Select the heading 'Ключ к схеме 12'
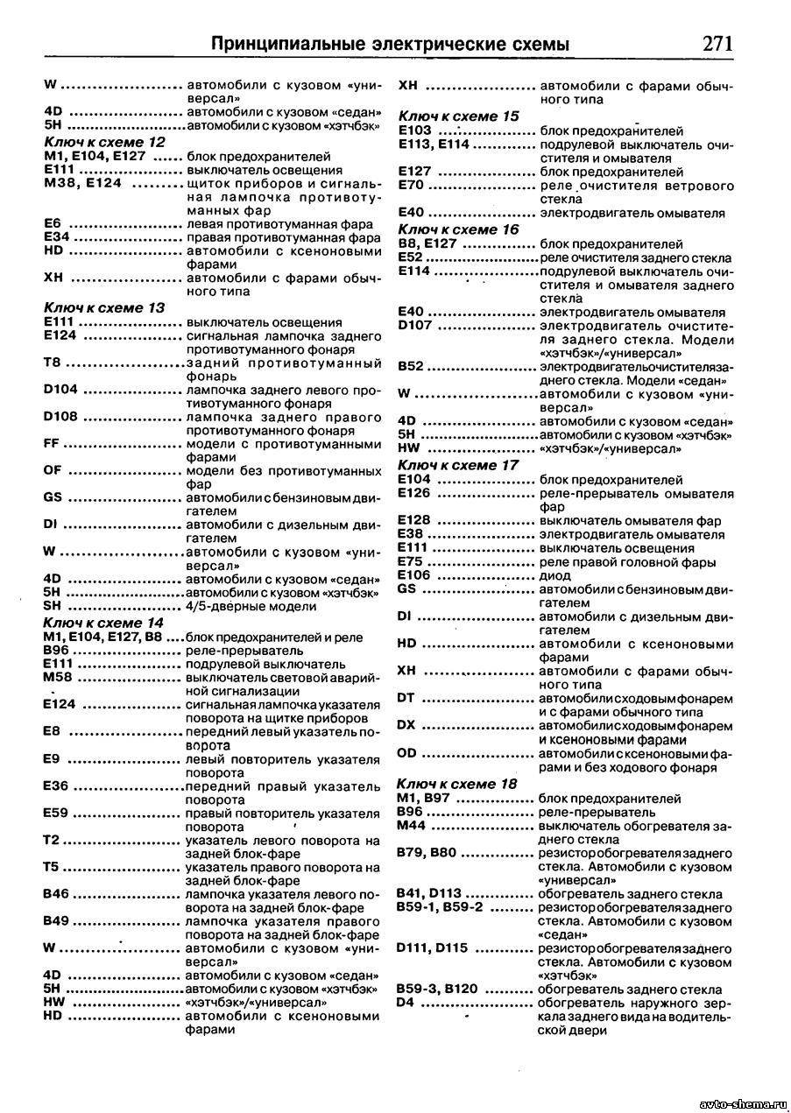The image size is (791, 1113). pos(104,141)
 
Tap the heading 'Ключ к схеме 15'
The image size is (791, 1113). pos(458,116)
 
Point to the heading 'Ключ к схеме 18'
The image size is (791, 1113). pos(456,784)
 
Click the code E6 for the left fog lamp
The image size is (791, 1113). pos(52,222)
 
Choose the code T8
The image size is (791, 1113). pos(52,363)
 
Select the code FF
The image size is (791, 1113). pos(52,444)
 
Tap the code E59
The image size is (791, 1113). pos(56,813)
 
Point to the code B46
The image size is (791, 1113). pos(56,894)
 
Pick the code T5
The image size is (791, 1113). pos(51,867)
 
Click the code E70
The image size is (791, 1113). pos(411,186)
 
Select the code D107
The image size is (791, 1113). pos(415,326)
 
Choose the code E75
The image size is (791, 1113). pos(411,561)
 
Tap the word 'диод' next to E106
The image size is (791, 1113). pos(555,575)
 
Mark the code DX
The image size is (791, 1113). pos(406,724)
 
